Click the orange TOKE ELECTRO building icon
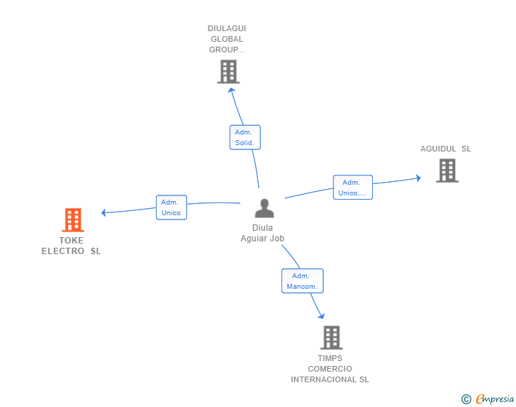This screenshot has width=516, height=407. point(73,220)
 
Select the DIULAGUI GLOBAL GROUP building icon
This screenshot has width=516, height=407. point(228,71)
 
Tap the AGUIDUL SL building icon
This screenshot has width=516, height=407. point(447,171)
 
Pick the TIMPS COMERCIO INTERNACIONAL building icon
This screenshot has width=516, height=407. point(332,338)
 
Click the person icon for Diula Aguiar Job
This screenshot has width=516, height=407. point(264,208)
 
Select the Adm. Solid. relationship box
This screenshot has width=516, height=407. point(245,137)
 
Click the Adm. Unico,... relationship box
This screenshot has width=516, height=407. point(353,188)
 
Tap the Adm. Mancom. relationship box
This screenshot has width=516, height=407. point(303,281)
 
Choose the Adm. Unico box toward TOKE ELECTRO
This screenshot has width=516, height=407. point(172,207)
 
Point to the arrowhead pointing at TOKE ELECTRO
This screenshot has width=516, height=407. point(103,213)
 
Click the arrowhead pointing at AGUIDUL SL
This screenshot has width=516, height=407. point(419,178)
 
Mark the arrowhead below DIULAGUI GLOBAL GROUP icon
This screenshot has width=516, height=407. point(231,90)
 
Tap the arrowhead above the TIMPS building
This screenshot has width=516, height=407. point(322,316)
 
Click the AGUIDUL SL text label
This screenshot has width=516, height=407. point(446,149)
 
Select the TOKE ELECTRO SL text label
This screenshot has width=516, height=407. point(71,246)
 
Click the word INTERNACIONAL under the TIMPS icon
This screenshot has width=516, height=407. point(324,379)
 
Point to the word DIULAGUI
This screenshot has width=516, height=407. point(227,28)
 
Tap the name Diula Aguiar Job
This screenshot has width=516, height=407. point(262,233)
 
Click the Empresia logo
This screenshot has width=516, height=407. point(495,399)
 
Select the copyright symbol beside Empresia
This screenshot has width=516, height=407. point(466,399)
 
